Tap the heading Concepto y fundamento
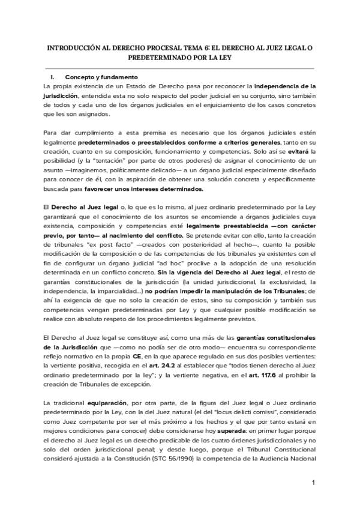[101, 77]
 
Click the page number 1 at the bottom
[313, 483]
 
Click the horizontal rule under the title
[180, 68]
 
